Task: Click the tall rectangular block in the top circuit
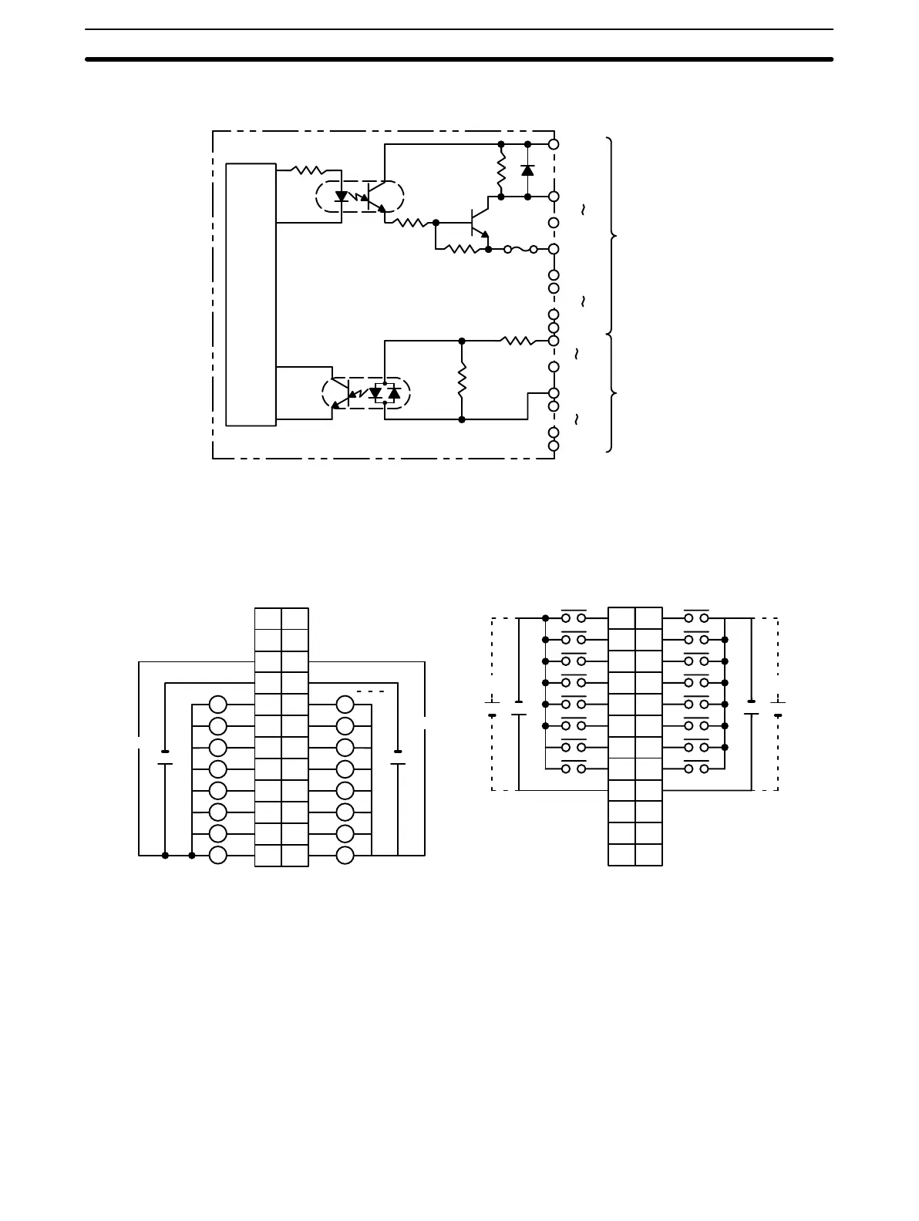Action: point(251,294)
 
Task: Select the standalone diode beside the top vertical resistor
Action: point(527,170)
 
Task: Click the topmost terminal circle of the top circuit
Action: point(554,144)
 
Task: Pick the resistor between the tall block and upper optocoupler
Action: point(308,170)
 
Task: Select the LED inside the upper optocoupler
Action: point(342,197)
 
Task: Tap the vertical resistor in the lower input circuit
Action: point(462,380)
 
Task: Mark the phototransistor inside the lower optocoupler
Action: point(342,394)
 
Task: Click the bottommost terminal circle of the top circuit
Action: point(554,446)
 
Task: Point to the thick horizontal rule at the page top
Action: point(459,59)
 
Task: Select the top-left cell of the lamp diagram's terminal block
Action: point(268,619)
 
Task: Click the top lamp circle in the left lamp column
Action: point(218,704)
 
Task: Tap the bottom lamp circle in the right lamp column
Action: point(345,855)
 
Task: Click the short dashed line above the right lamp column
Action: point(371,691)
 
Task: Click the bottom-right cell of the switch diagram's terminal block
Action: point(648,855)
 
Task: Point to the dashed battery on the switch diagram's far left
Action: point(492,708)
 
